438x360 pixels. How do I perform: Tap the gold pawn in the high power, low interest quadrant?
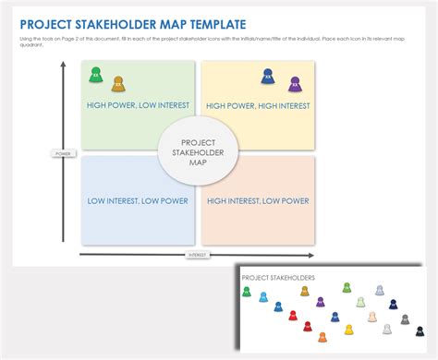[117, 84]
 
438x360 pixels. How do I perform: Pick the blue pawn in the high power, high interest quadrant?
[267, 76]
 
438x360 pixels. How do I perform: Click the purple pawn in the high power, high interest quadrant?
[294, 84]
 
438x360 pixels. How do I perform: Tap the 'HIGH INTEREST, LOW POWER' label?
[258, 200]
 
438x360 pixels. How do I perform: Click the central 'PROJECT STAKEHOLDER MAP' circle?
[198, 153]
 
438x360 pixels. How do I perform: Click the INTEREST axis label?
[198, 255]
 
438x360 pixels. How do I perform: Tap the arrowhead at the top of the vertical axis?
[63, 66]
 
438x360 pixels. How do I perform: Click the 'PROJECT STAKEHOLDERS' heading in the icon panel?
[277, 277]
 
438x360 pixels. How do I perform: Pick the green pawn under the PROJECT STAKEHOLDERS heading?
[247, 292]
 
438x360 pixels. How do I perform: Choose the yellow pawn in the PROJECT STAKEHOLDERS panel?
[348, 329]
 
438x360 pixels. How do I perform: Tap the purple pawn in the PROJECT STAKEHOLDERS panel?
[321, 302]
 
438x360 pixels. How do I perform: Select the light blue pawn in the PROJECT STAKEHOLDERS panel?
[263, 297]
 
